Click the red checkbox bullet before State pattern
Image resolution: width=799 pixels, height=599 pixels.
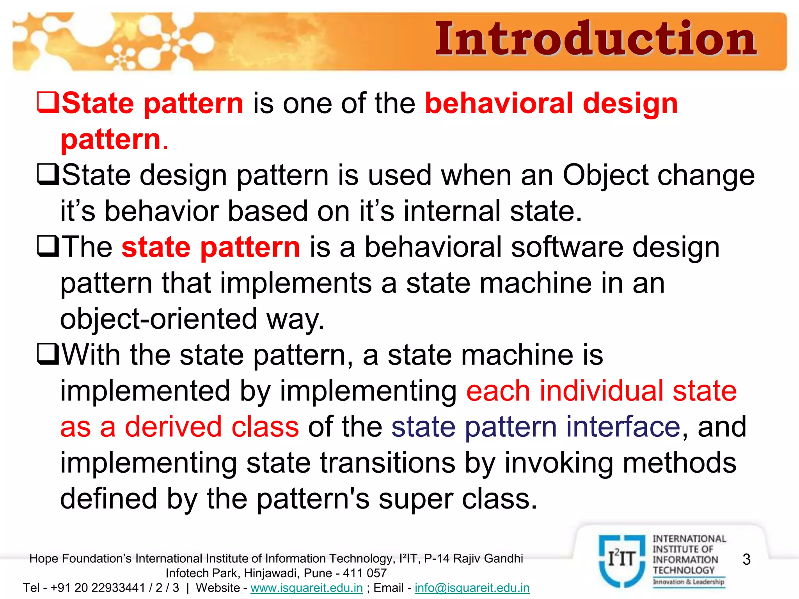[48, 102]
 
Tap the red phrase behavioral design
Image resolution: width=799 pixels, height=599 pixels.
[551, 104]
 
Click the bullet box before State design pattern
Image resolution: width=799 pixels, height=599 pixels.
[48, 174]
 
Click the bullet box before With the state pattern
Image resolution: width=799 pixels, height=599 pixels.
[48, 354]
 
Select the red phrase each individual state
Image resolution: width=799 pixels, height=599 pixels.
[601, 391]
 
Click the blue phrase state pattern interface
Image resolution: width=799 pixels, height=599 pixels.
[536, 427]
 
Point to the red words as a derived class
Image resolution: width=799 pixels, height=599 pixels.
[179, 427]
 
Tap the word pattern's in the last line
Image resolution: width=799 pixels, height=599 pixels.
[313, 499]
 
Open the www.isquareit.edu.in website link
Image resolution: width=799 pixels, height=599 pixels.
[307, 588]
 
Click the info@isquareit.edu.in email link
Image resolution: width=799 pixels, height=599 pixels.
[472, 588]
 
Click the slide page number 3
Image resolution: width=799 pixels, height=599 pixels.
[746, 559]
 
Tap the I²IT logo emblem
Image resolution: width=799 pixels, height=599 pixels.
[622, 560]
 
